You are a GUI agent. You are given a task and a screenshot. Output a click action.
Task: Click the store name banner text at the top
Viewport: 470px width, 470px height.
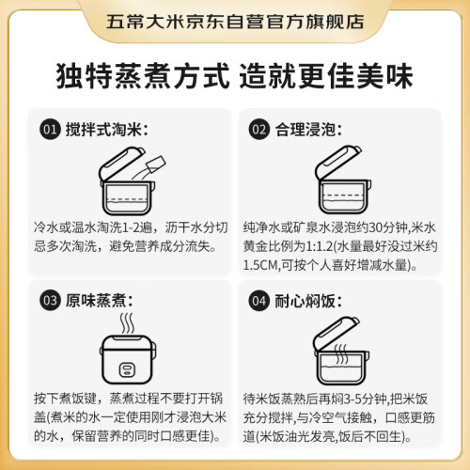click(235, 22)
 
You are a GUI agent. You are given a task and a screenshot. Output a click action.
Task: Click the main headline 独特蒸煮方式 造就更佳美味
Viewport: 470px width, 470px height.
click(234, 76)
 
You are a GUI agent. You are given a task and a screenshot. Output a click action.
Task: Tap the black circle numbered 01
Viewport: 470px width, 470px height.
click(50, 130)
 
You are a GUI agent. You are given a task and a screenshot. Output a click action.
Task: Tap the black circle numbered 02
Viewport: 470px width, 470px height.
click(258, 130)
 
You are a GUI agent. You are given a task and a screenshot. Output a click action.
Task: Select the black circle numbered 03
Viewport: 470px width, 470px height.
click(50, 301)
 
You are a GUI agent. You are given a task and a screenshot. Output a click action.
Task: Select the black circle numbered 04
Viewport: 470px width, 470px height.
click(258, 301)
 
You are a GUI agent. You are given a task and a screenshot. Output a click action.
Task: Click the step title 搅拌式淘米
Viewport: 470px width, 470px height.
click(106, 130)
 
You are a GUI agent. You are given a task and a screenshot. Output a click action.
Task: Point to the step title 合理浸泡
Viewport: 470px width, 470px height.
click(308, 130)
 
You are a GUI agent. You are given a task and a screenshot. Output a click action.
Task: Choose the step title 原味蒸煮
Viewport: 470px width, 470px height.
click(99, 301)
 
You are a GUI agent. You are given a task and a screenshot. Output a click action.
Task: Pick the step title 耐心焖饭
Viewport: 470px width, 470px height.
click(308, 301)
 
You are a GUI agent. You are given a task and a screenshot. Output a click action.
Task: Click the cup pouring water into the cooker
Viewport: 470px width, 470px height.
click(156, 164)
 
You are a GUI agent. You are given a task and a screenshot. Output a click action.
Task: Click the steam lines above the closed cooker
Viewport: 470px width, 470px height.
click(128, 323)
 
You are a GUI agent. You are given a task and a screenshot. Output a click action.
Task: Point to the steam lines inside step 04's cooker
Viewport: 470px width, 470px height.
click(341, 354)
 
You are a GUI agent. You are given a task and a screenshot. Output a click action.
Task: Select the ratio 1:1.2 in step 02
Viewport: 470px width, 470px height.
click(319, 246)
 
